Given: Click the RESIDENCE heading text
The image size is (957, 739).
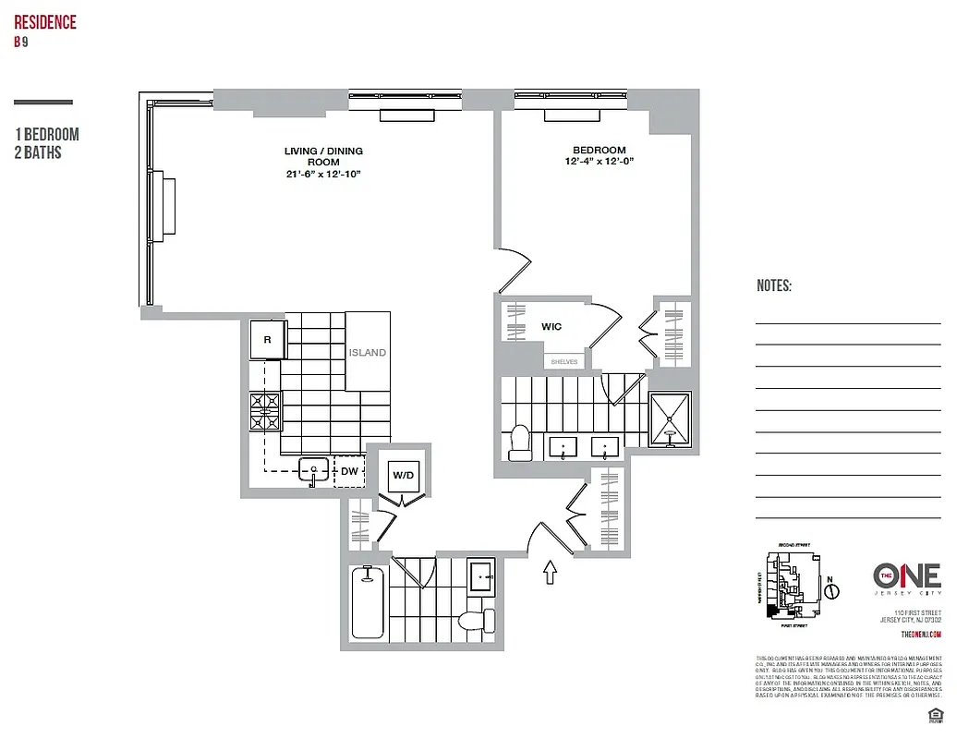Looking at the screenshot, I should pyautogui.click(x=45, y=22).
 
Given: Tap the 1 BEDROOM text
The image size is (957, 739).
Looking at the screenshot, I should pyautogui.click(x=47, y=135).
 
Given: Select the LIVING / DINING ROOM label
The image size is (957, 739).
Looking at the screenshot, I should pyautogui.click(x=322, y=162).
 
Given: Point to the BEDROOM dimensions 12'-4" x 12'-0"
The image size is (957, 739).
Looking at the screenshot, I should pyautogui.click(x=599, y=162).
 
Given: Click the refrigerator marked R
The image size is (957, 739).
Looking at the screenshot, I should pyautogui.click(x=268, y=340).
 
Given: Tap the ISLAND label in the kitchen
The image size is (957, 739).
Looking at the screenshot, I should pyautogui.click(x=367, y=353).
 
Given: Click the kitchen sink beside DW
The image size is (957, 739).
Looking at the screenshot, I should pyautogui.click(x=313, y=471).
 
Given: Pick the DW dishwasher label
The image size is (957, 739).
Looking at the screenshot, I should pyautogui.click(x=348, y=471).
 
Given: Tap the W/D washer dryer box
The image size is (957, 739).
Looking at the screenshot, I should pyautogui.click(x=404, y=477).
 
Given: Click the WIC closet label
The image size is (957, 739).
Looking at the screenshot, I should pyautogui.click(x=551, y=327).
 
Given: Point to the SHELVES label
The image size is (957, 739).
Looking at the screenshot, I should pyautogui.click(x=563, y=361).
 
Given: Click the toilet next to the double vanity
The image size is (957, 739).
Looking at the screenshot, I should pyautogui.click(x=518, y=442).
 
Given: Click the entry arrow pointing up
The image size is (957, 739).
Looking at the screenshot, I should pyautogui.click(x=551, y=573).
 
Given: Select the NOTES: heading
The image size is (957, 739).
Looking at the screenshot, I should pyautogui.click(x=773, y=286).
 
